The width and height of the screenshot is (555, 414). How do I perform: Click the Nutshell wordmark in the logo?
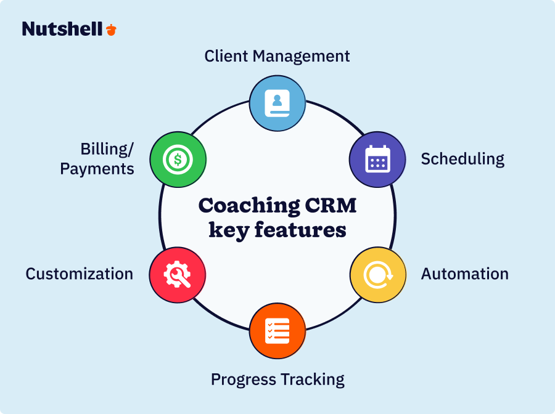(x=62, y=29)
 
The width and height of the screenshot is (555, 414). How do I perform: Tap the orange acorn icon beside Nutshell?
(x=111, y=29)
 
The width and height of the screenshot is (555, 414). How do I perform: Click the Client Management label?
(x=277, y=56)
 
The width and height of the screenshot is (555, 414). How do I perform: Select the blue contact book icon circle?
(x=277, y=103)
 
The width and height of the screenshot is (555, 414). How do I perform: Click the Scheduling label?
(x=462, y=159)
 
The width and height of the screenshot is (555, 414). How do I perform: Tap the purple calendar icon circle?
(x=377, y=159)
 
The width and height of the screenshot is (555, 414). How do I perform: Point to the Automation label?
(x=464, y=274)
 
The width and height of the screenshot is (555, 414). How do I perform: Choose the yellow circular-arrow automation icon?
(x=377, y=275)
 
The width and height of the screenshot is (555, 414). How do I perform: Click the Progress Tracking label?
(x=277, y=379)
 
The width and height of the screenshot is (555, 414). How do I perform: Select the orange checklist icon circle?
(x=277, y=331)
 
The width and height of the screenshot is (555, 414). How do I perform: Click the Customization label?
(x=79, y=274)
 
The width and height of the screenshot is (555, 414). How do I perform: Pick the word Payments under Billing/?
(x=97, y=169)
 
